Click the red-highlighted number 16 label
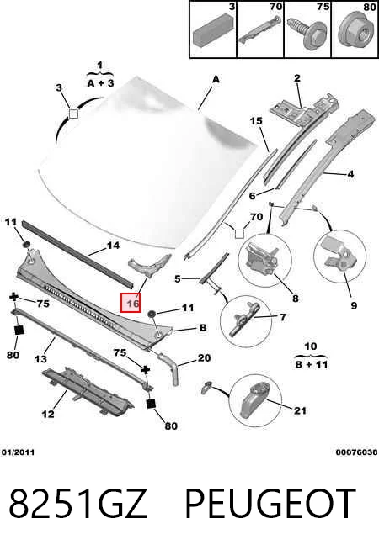131,303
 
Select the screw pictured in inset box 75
307,33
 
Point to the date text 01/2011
18,452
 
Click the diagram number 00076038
356,452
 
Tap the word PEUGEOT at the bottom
270,504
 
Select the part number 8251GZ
77,504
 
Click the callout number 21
300,410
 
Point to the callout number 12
48,415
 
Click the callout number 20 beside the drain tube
204,357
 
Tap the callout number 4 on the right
350,173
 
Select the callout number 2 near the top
297,78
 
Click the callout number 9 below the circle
354,305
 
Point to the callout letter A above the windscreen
216,80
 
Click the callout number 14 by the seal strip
113,246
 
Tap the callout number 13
40,359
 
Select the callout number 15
256,121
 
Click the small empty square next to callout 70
239,234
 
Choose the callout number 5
178,279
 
